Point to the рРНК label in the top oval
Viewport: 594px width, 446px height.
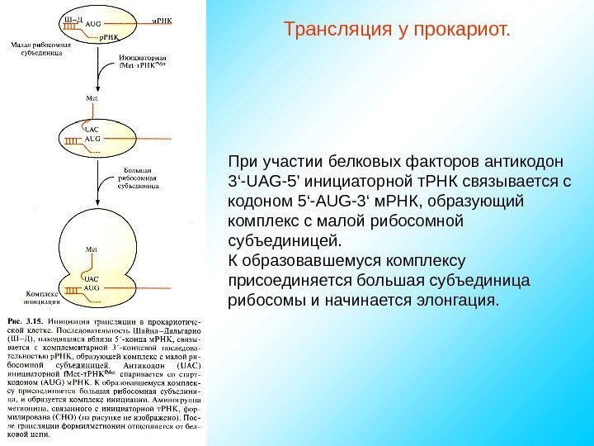(110, 37)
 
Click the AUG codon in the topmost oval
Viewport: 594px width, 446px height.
(95, 26)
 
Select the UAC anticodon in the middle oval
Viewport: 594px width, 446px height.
(92, 130)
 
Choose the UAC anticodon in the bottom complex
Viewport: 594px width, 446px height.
(92, 279)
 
